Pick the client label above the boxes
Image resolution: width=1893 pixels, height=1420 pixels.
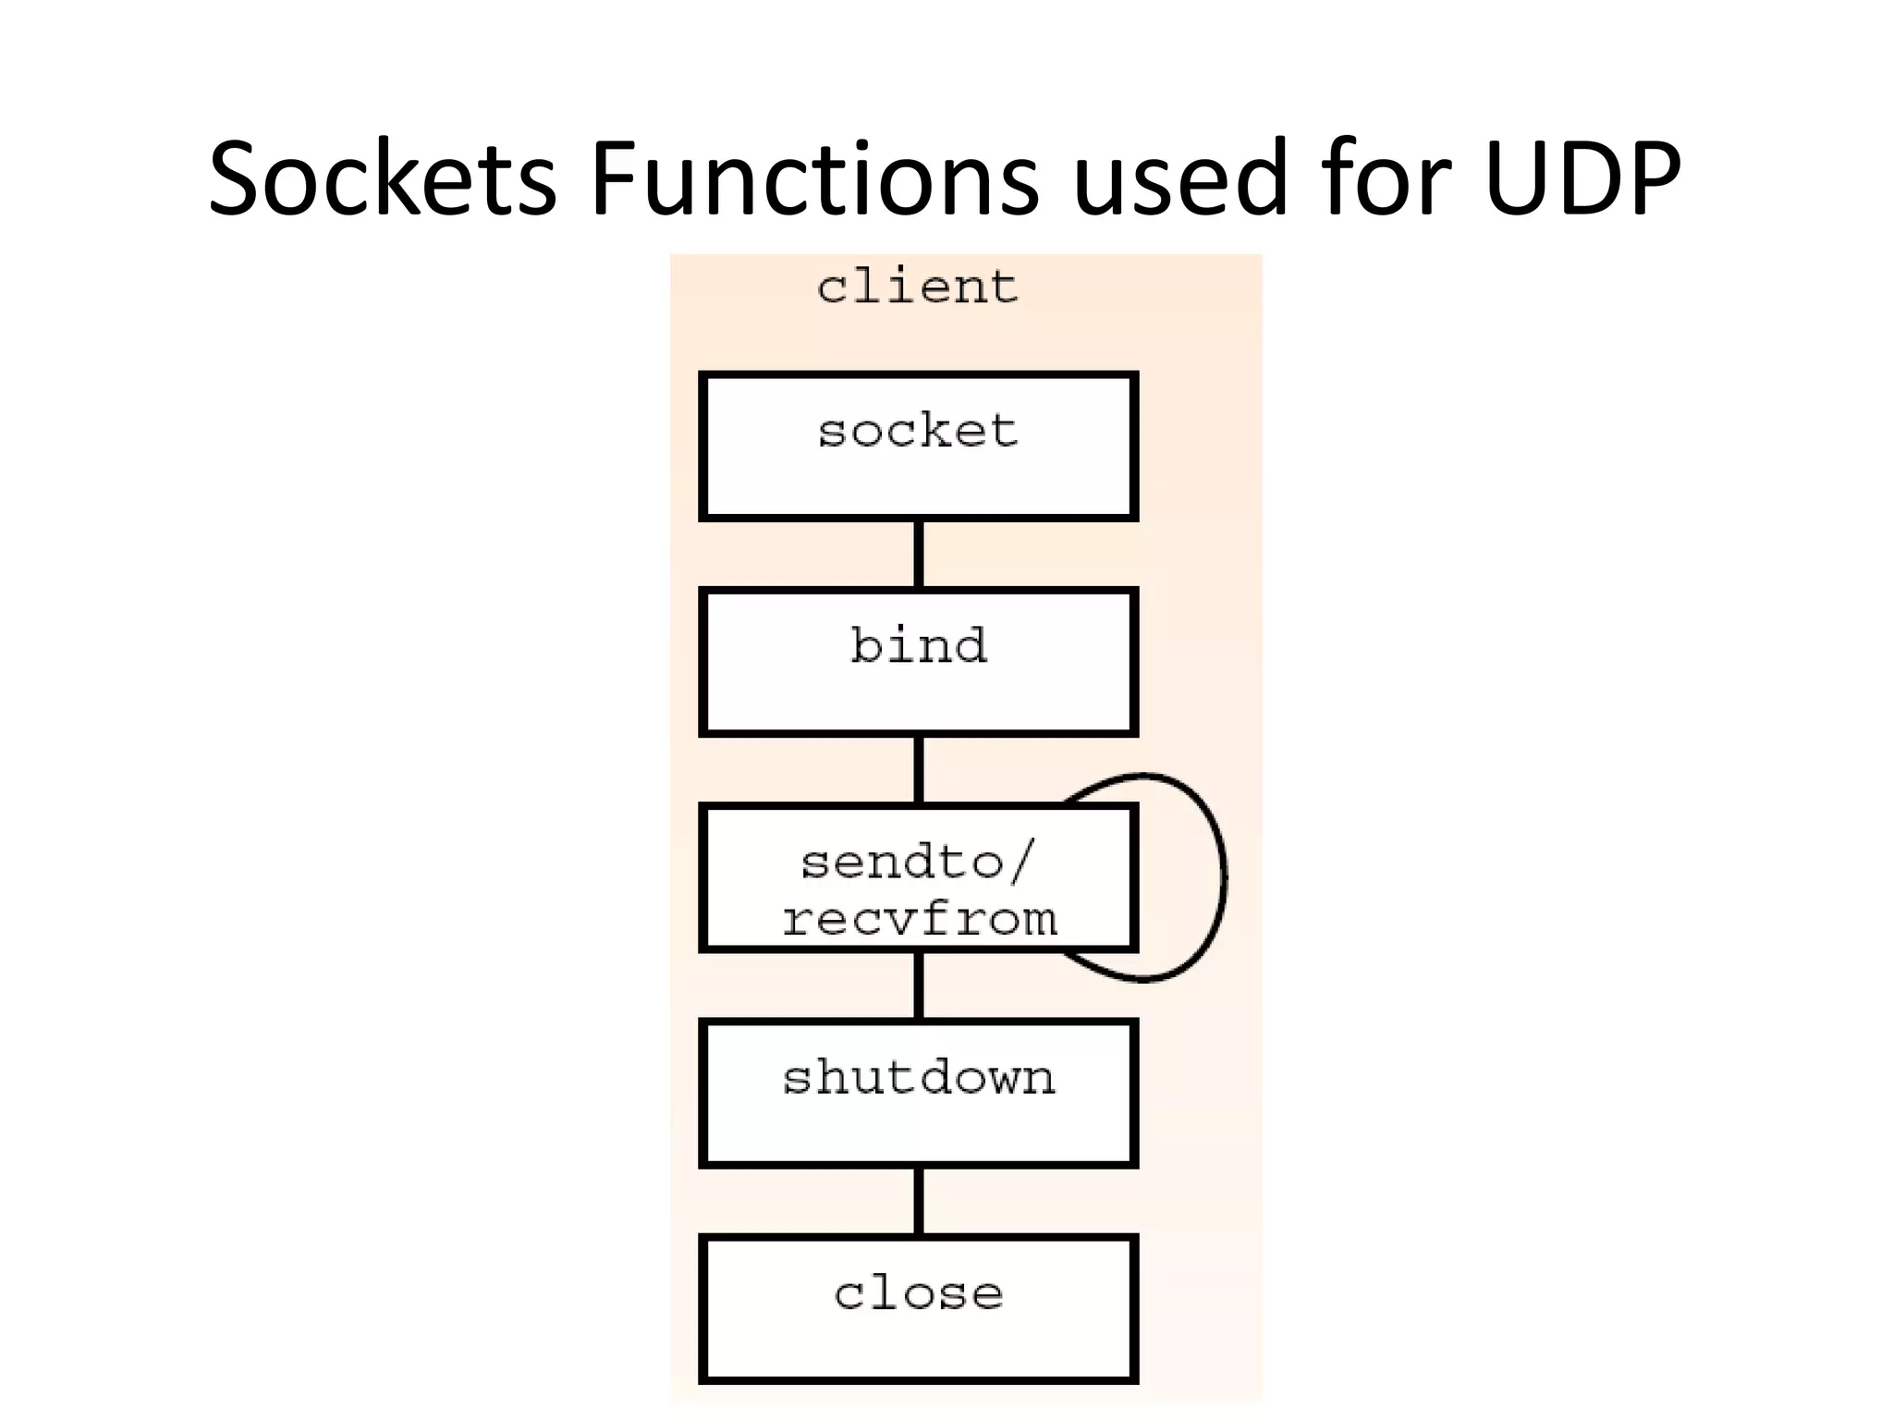(918, 287)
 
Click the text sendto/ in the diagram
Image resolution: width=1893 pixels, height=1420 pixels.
(918, 863)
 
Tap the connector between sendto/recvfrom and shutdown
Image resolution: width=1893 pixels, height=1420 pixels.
(918, 985)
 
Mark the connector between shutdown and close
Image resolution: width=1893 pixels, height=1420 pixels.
(918, 1201)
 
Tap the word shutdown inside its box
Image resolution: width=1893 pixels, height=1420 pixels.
(918, 1078)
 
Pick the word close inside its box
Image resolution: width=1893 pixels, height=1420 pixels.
(918, 1293)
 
